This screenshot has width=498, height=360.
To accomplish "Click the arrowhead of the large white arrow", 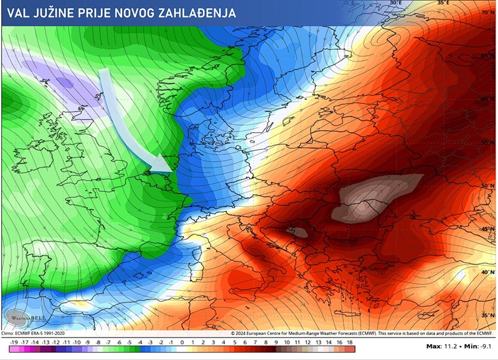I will click(163, 164).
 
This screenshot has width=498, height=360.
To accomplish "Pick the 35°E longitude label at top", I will click(443, 3).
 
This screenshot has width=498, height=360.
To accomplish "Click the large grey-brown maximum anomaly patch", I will click(374, 198).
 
